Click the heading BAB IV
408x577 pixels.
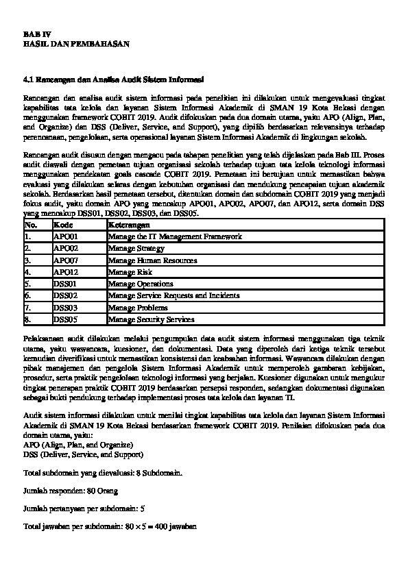point(36,34)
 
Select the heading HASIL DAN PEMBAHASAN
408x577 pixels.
point(67,43)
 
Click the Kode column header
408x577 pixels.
point(62,225)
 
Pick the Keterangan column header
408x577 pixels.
point(128,225)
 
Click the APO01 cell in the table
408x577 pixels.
point(65,236)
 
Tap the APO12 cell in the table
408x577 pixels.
point(65,272)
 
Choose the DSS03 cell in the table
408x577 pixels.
point(65,308)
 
